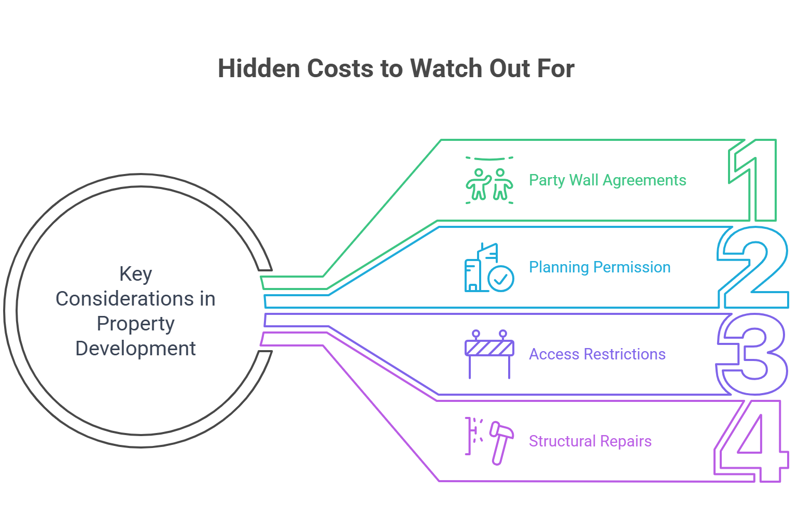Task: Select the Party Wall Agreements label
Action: point(607,180)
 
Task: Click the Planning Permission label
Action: point(599,267)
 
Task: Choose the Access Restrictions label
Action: point(597,354)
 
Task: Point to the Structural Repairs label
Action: point(590,441)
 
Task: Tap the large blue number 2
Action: point(753,267)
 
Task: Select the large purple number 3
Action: point(753,354)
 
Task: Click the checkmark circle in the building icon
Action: point(501,279)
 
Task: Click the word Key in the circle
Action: point(135,273)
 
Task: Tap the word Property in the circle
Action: point(135,324)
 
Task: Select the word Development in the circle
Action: point(135,349)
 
